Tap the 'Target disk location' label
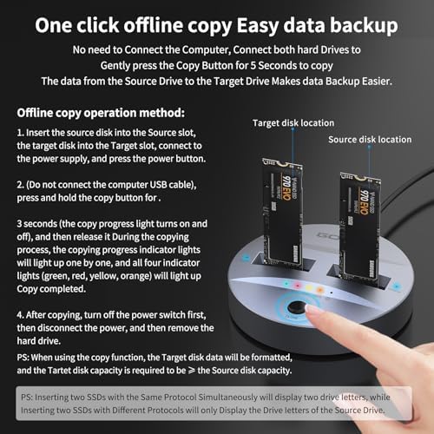pyautogui.click(x=293, y=123)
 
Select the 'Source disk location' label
pyautogui.click(x=370, y=140)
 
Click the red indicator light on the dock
pyautogui.click(x=298, y=286)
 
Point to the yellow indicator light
pyautogui.click(x=309, y=288)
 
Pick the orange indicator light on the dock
pyautogui.click(x=319, y=290)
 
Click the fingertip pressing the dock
pyautogui.click(x=312, y=310)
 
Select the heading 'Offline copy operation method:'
pyautogui.click(x=101, y=113)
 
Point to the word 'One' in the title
pyautogui.click(x=54, y=25)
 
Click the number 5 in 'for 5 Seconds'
pyautogui.click(x=253, y=66)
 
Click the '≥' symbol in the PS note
pyautogui.click(x=192, y=371)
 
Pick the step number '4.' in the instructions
pyautogui.click(x=20, y=315)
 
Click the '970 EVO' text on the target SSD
pyautogui.click(x=286, y=187)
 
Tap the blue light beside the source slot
pyautogui.click(x=397, y=286)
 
